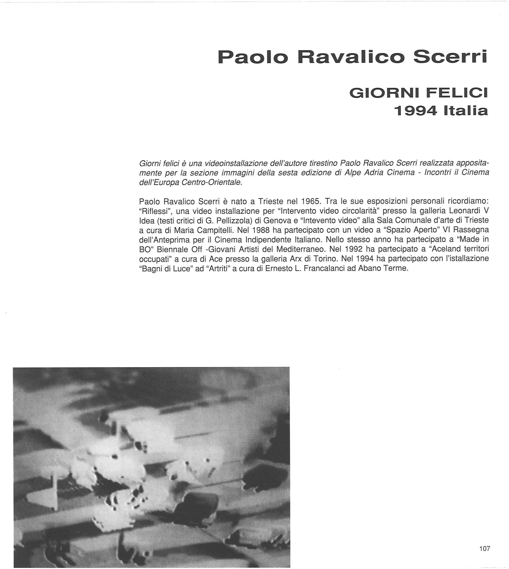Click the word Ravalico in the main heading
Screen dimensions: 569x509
point(351,57)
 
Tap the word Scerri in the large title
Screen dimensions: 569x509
point(450,57)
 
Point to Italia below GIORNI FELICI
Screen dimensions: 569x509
point(466,111)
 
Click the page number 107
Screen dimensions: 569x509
point(485,548)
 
